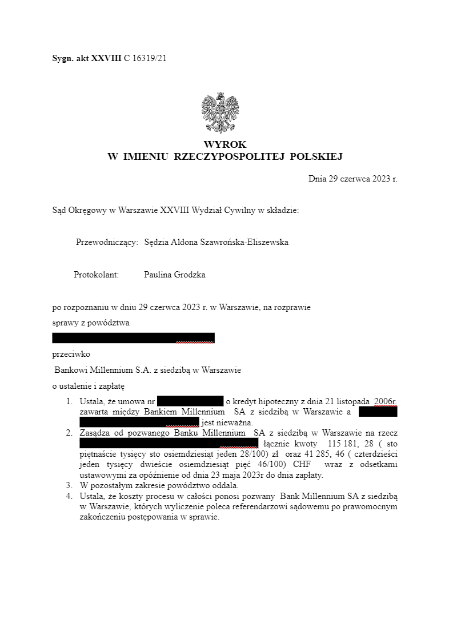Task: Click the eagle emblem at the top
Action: (220, 112)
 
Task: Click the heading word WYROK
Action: (224, 145)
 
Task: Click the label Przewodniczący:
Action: (107, 242)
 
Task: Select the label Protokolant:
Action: (96, 275)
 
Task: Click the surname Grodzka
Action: (191, 275)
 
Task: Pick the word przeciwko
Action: (71, 354)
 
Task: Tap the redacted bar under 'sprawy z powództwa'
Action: (133, 338)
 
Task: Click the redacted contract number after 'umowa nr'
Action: (190, 401)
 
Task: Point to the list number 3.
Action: (69, 485)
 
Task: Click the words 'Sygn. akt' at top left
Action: (69, 58)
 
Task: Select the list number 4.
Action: (69, 496)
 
